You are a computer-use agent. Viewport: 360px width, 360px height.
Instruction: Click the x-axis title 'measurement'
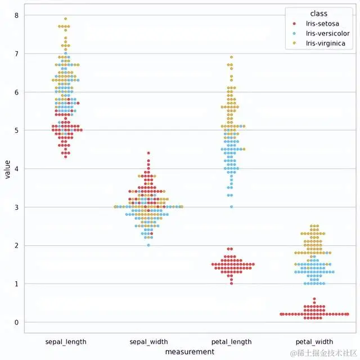(x=190, y=351)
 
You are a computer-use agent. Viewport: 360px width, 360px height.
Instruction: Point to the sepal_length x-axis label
(x=66, y=341)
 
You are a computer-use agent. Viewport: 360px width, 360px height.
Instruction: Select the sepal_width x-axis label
(x=148, y=341)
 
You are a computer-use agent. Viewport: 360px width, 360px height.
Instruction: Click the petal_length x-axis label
(x=231, y=341)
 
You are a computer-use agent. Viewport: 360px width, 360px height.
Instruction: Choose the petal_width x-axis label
(x=314, y=341)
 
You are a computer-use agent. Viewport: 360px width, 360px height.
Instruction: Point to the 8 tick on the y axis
(x=17, y=15)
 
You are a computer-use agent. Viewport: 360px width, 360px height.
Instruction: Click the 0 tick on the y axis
(x=17, y=322)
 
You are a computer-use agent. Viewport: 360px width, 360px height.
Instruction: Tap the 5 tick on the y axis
(x=17, y=130)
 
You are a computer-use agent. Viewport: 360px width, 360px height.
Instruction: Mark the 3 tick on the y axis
(x=17, y=207)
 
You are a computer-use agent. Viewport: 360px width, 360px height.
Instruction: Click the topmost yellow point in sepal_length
(x=66, y=19)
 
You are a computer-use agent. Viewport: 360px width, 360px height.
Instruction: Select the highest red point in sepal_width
(x=148, y=153)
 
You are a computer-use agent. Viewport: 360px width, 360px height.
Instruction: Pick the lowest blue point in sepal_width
(x=148, y=245)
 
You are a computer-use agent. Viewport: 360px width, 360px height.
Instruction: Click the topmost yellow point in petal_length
(x=231, y=57)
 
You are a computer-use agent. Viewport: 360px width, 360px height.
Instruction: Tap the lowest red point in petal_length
(x=231, y=283)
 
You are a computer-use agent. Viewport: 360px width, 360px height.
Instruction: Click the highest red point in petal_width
(x=314, y=299)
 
